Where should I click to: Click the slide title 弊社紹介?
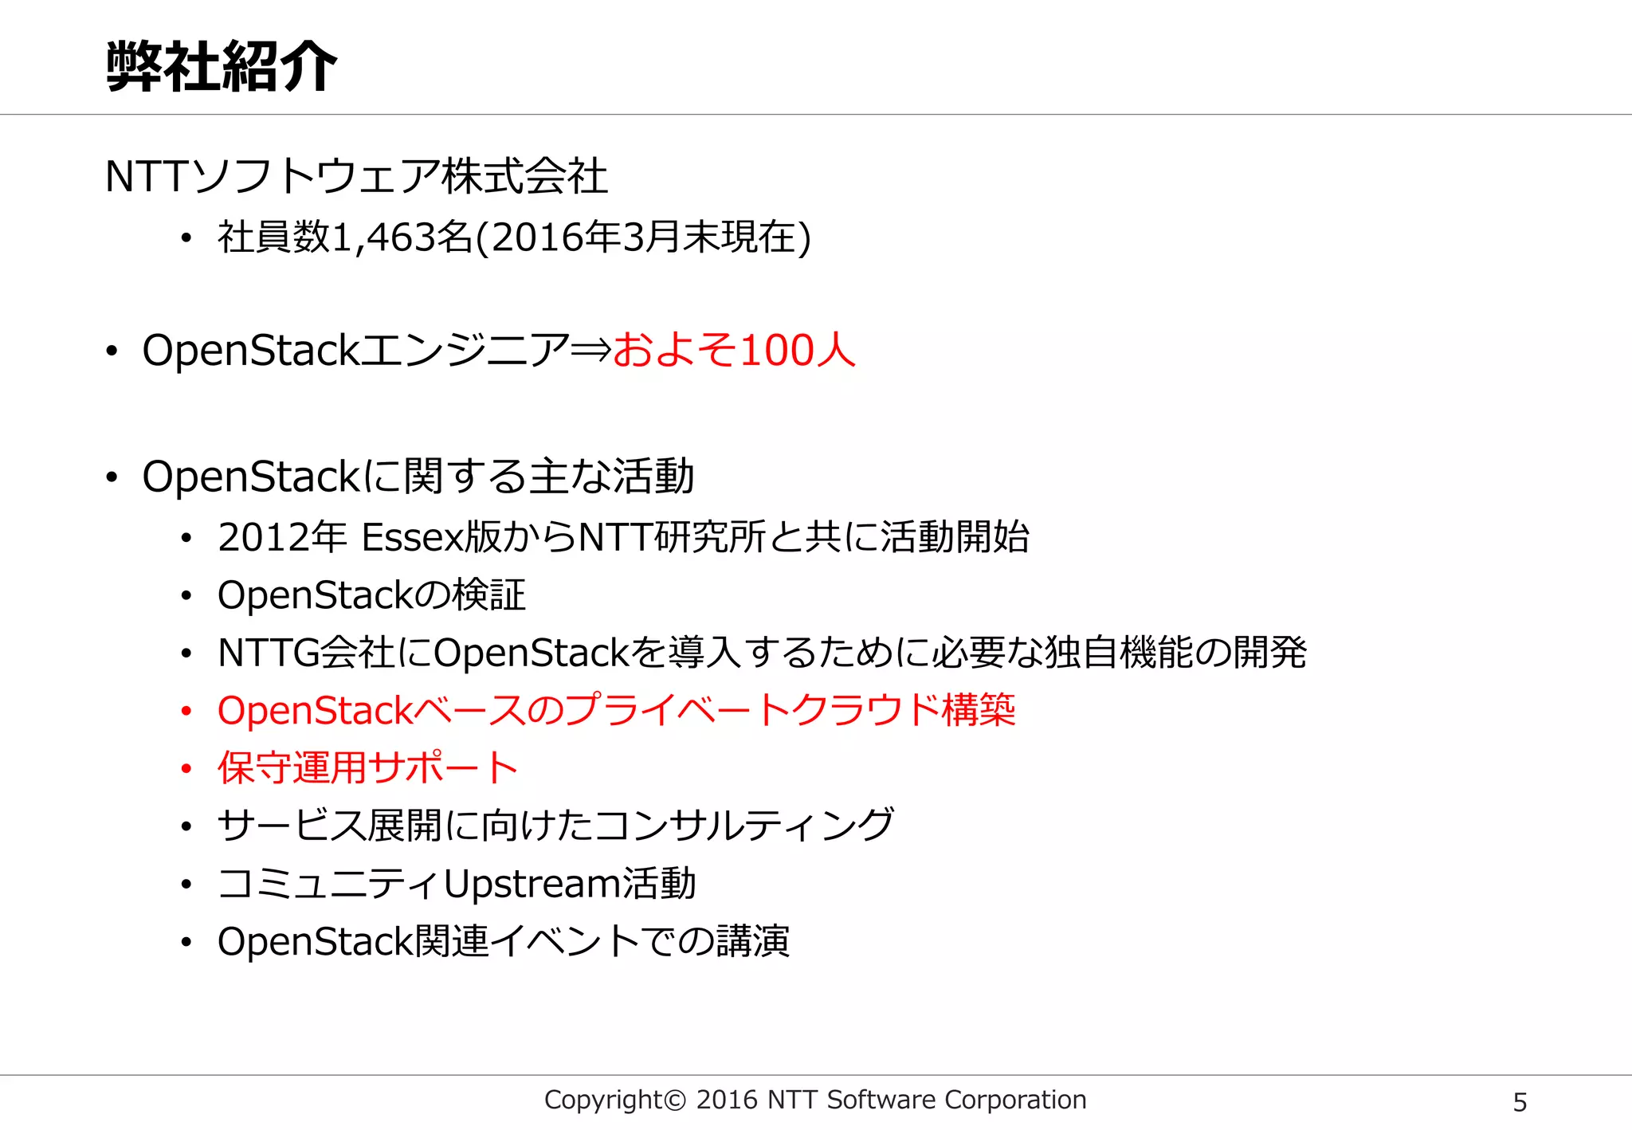click(x=222, y=67)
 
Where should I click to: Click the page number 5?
click(x=1520, y=1102)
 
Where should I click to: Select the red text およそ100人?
click(x=734, y=351)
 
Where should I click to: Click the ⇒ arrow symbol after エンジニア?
click(x=590, y=351)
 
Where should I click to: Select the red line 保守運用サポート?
click(x=367, y=768)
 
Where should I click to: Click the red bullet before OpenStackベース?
click(x=186, y=711)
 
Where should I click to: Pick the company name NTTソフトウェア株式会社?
click(x=356, y=176)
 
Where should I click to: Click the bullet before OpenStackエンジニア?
click(x=112, y=351)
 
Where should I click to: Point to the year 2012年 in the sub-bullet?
click(x=282, y=537)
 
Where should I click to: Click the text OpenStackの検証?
click(x=371, y=595)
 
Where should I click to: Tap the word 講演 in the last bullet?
click(x=751, y=941)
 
